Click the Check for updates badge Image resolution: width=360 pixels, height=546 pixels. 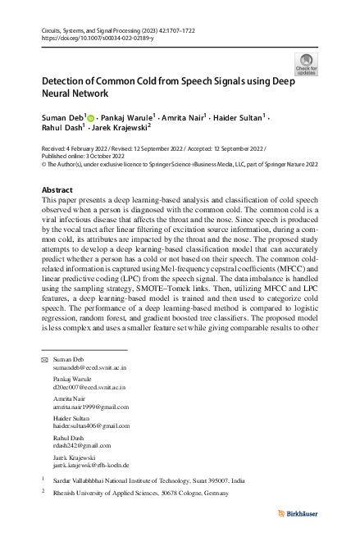pos(307,65)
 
